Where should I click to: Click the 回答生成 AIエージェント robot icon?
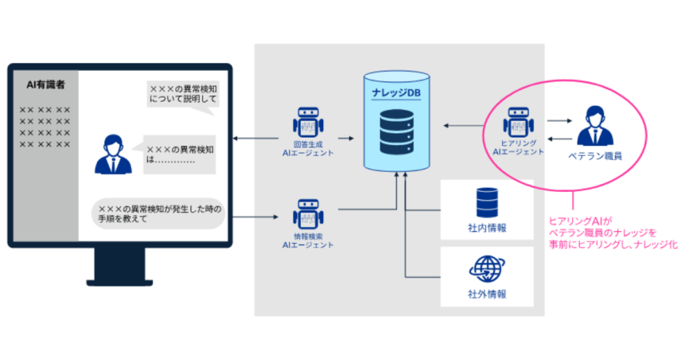pyautogui.click(x=308, y=122)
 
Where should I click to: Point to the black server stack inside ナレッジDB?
pyautogui.click(x=396, y=132)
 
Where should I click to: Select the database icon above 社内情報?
pyautogui.click(x=486, y=202)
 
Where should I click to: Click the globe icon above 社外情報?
pyautogui.click(x=486, y=268)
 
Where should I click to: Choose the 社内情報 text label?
pyautogui.click(x=487, y=228)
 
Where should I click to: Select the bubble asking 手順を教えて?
pyautogui.click(x=157, y=213)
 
